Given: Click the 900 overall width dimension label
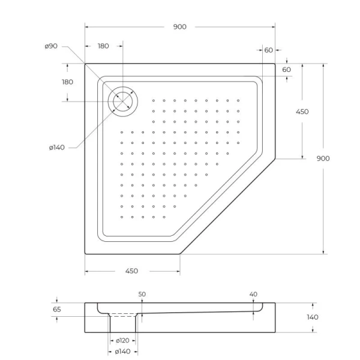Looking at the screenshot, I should (x=179, y=26).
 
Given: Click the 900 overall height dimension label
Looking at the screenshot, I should (x=323, y=158).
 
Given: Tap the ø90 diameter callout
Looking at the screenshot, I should (x=51, y=46).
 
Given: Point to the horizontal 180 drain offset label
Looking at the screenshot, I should (x=103, y=46).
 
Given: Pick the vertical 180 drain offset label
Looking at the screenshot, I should (x=67, y=82).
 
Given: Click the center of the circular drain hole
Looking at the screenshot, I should (x=122, y=101).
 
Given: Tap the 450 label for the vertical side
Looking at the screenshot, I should (x=302, y=112).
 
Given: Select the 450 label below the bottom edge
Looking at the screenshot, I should (x=132, y=271).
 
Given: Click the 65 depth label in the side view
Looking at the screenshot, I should (x=57, y=310).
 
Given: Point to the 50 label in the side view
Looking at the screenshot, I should (x=142, y=295).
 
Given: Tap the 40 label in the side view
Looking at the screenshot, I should (x=253, y=295).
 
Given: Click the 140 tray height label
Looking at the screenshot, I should (x=313, y=317).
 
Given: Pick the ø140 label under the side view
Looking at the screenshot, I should (x=123, y=352).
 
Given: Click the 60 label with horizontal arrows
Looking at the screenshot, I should (x=268, y=50).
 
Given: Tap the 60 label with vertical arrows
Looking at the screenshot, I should (x=286, y=70).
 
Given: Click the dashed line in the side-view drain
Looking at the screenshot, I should (x=124, y=315).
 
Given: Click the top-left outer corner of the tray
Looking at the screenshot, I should (x=85, y=64).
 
